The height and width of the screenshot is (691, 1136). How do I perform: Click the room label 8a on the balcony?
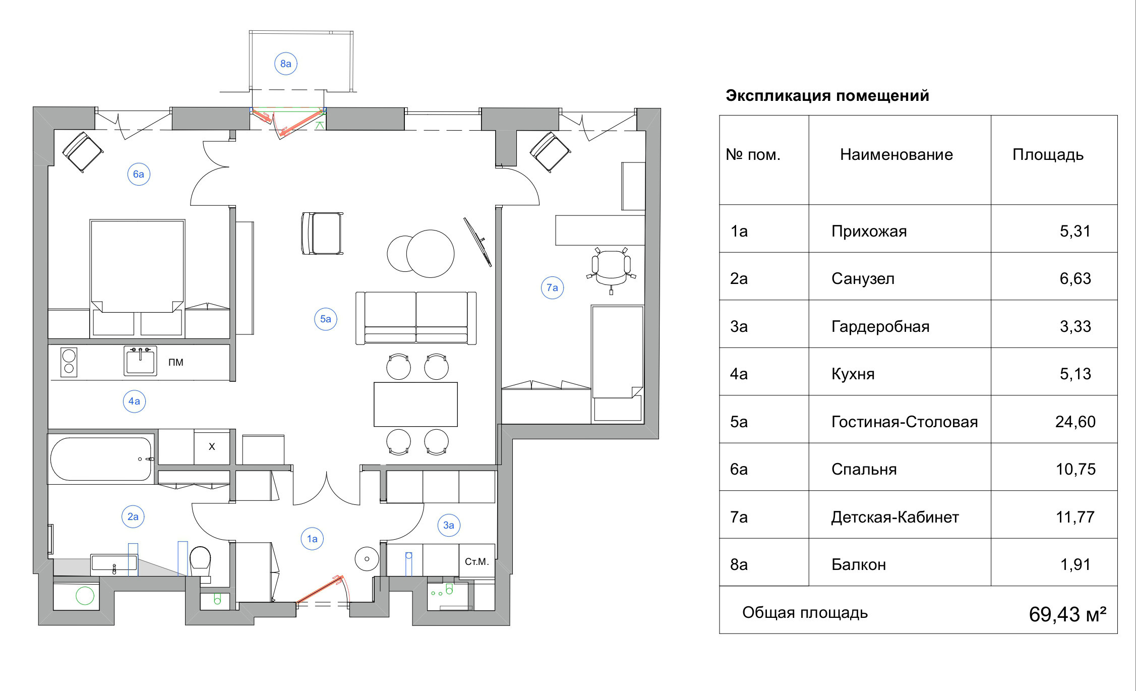[285, 64]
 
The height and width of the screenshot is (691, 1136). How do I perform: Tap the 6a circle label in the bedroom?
[138, 174]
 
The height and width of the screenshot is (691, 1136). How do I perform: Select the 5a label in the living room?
[326, 319]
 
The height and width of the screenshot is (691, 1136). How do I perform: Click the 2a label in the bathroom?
[133, 516]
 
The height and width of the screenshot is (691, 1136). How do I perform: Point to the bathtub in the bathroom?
[101, 458]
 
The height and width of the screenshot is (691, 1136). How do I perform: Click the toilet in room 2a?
[200, 560]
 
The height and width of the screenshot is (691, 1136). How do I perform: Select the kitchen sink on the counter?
[140, 361]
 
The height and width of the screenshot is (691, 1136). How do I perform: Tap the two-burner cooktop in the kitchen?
[69, 362]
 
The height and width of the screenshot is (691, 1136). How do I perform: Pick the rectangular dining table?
[415, 404]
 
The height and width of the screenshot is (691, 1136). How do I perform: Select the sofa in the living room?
[416, 318]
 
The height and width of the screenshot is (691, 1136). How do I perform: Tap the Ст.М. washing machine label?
[476, 561]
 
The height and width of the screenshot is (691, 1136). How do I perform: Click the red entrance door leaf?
[320, 589]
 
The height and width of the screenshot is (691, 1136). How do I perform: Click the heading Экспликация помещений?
[827, 95]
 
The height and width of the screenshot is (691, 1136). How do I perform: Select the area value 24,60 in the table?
[1075, 422]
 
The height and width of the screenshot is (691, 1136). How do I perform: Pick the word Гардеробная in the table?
[880, 326]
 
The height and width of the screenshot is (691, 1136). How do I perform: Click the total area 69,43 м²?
[1067, 614]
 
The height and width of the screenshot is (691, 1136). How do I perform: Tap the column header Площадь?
[1048, 154]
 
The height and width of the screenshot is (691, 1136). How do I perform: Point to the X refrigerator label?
[212, 446]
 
